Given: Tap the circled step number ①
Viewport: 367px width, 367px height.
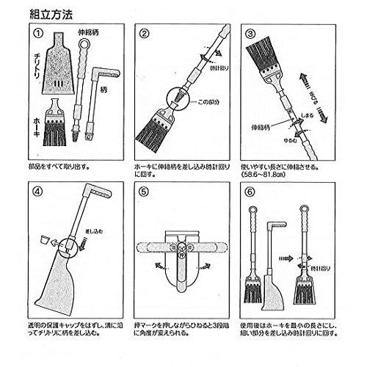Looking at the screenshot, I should pos(38,34).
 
